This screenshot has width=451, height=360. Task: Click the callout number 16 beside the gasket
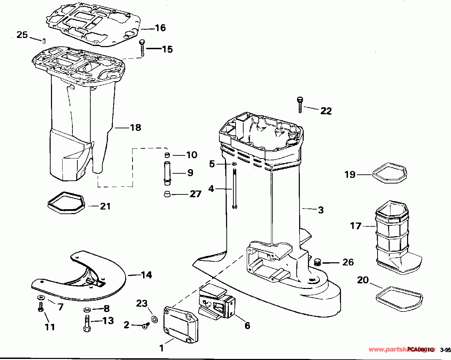(x=160, y=28)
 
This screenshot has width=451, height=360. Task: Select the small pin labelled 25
(x=44, y=40)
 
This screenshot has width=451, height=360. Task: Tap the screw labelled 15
(x=142, y=47)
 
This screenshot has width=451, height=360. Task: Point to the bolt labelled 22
(x=299, y=104)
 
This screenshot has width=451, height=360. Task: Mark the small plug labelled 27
(x=167, y=194)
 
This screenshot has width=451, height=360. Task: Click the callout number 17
(x=355, y=225)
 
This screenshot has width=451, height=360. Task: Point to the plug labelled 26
(x=317, y=262)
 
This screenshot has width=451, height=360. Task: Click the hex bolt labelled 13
(x=86, y=323)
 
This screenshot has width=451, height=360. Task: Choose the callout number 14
(x=147, y=275)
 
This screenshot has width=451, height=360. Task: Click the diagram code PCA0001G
(x=418, y=350)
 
